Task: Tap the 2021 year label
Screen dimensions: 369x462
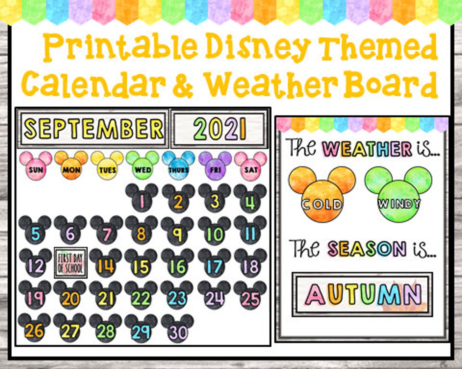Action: pos(220,129)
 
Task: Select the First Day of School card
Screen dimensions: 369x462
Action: pos(70,263)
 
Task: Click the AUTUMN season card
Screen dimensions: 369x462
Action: pos(362,294)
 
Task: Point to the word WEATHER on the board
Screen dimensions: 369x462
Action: pos(367,149)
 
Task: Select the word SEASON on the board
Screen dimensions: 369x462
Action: pos(367,249)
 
